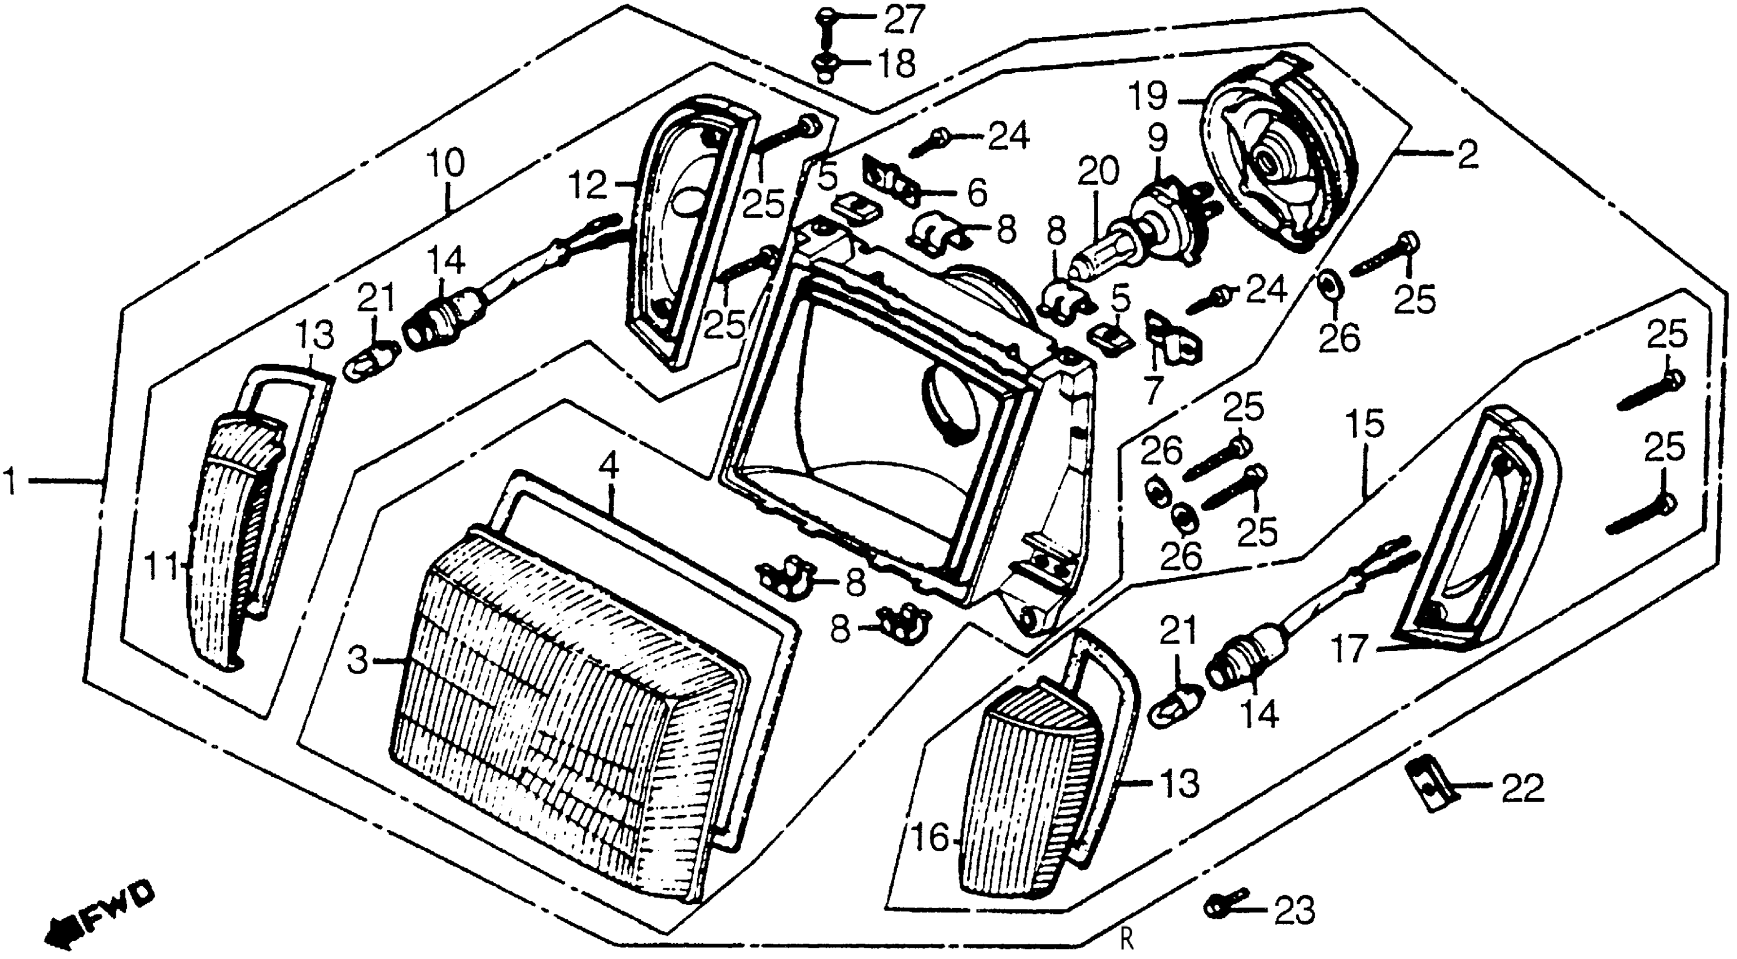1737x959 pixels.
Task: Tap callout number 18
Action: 895,65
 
